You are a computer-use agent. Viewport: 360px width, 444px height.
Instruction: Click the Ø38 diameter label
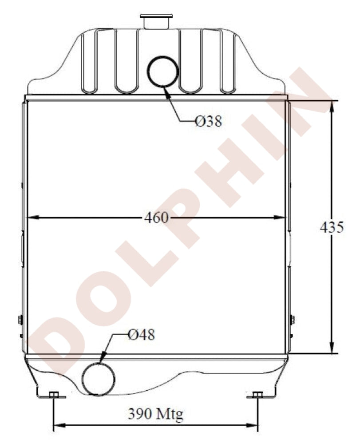(x=209, y=121)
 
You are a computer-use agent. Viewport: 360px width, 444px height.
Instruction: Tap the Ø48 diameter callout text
(x=141, y=335)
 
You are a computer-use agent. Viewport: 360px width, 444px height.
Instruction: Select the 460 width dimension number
(x=157, y=218)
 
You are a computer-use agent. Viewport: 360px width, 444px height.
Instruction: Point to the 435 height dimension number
(x=332, y=227)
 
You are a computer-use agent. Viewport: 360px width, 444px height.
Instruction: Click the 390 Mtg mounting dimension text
(x=156, y=414)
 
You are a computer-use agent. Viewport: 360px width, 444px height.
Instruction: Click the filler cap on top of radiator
(x=157, y=21)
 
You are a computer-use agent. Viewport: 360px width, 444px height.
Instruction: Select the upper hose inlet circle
(x=163, y=71)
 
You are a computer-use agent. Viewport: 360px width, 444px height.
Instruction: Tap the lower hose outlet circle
(x=98, y=379)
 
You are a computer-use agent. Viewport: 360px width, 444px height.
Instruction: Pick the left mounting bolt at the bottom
(x=54, y=395)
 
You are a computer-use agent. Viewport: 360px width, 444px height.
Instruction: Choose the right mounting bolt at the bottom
(x=257, y=395)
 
